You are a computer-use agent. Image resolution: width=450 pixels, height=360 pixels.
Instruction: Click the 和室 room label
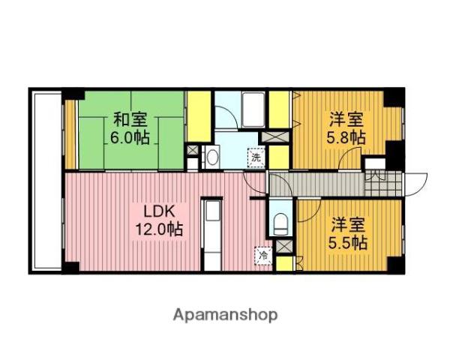[x=130, y=120]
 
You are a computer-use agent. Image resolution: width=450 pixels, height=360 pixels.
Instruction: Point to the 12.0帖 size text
[x=159, y=229]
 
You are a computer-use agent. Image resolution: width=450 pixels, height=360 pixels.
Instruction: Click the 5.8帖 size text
[x=346, y=137]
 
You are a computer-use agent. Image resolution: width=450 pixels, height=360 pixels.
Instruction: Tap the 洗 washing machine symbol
[x=256, y=157]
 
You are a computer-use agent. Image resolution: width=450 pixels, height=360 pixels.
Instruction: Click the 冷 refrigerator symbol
[x=263, y=255]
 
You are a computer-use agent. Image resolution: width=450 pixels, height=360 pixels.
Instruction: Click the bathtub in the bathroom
[x=253, y=109]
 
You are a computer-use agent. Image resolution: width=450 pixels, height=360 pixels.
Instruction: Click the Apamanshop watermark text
[x=225, y=315]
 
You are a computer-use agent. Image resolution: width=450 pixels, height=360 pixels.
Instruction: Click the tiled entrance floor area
[x=383, y=184]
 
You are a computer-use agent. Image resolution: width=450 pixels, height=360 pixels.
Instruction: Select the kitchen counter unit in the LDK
[x=211, y=235]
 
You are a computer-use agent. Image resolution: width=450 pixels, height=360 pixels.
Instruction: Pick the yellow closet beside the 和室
[x=199, y=116]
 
